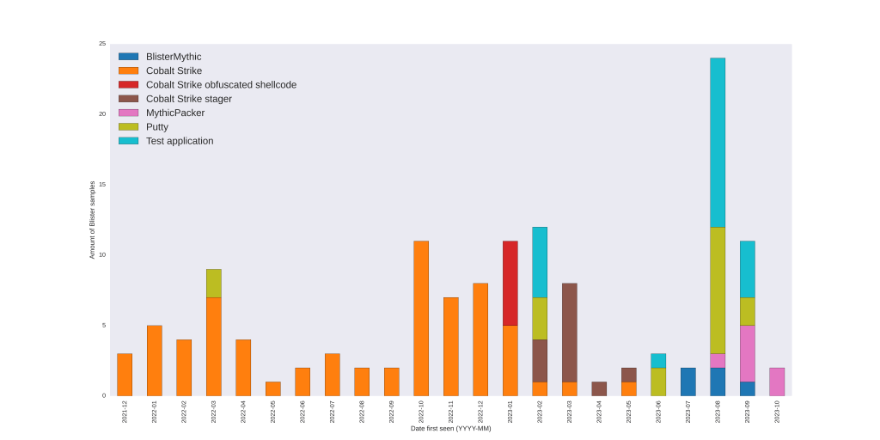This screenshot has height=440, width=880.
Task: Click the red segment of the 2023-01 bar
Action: point(510,284)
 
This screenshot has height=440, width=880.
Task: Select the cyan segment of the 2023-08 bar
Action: point(718,143)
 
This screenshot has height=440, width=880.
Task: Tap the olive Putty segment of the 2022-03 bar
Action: point(214,284)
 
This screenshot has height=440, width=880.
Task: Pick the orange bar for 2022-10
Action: point(421,318)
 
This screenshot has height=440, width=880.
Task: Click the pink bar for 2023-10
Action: point(777,382)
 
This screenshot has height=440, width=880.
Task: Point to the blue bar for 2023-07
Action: point(688,382)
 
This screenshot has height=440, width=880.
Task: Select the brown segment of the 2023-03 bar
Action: point(570,333)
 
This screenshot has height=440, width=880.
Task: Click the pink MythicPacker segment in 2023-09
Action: point(748,353)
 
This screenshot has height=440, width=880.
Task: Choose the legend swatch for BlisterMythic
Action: point(128,57)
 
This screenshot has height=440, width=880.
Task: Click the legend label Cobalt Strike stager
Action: point(188,99)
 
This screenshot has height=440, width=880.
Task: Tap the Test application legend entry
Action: point(180,141)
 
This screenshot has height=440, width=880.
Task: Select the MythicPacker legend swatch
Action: point(128,113)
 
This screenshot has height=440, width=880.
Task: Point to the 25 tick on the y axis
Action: point(102,44)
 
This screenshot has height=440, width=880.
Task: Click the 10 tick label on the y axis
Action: point(102,254)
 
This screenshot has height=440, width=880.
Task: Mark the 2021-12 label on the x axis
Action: point(125,412)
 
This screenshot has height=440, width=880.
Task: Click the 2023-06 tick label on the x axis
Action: point(658,412)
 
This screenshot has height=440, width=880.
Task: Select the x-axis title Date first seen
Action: point(450,428)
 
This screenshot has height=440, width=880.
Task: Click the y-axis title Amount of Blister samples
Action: point(92,220)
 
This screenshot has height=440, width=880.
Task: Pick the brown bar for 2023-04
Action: point(599,388)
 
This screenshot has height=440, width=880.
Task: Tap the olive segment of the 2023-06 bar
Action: point(658,382)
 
